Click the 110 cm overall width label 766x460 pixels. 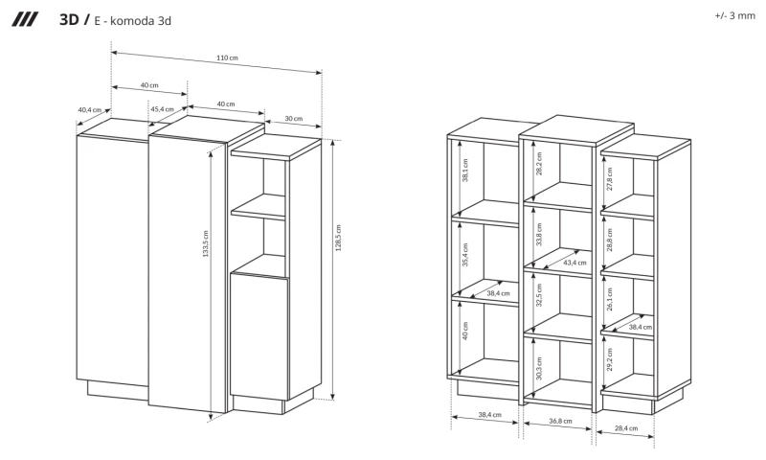[227, 57]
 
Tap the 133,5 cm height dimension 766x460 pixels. [206, 243]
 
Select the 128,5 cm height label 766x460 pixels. [338, 238]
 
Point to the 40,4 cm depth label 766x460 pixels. [89, 110]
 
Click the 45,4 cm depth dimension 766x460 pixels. [162, 109]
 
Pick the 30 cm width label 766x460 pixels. [294, 118]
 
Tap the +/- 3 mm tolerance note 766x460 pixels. [734, 15]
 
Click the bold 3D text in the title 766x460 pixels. [69, 19]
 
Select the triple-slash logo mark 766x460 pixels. [25, 19]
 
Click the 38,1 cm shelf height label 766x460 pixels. [465, 171]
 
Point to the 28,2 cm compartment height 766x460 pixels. [539, 163]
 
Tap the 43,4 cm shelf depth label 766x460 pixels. [574, 263]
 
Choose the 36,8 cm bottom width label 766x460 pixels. [560, 421]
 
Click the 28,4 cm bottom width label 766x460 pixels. [626, 428]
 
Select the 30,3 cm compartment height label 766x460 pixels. [539, 369]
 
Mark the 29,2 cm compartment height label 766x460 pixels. [610, 359]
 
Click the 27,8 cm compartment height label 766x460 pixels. [610, 179]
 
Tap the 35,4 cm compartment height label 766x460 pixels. [465, 255]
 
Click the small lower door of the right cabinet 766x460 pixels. [259, 336]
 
